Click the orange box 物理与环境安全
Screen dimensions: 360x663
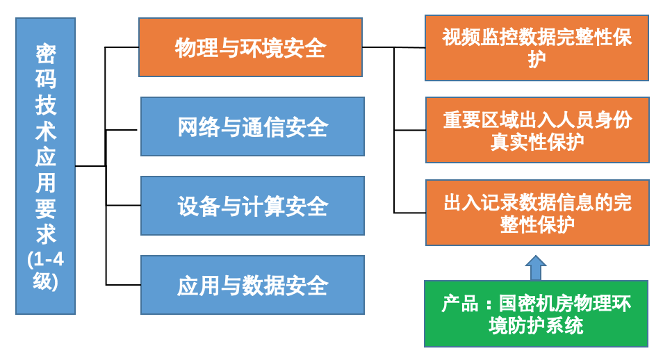click(x=250, y=47)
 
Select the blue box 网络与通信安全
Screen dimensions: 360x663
click(x=252, y=126)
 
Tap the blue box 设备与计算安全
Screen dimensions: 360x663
click(x=252, y=206)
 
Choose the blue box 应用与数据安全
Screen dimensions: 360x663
click(x=252, y=285)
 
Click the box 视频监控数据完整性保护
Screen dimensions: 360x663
click(x=537, y=48)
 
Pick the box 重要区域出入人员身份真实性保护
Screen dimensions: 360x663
click(x=537, y=130)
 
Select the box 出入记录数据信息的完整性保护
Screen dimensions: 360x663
click(x=537, y=213)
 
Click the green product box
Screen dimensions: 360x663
click(x=536, y=313)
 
